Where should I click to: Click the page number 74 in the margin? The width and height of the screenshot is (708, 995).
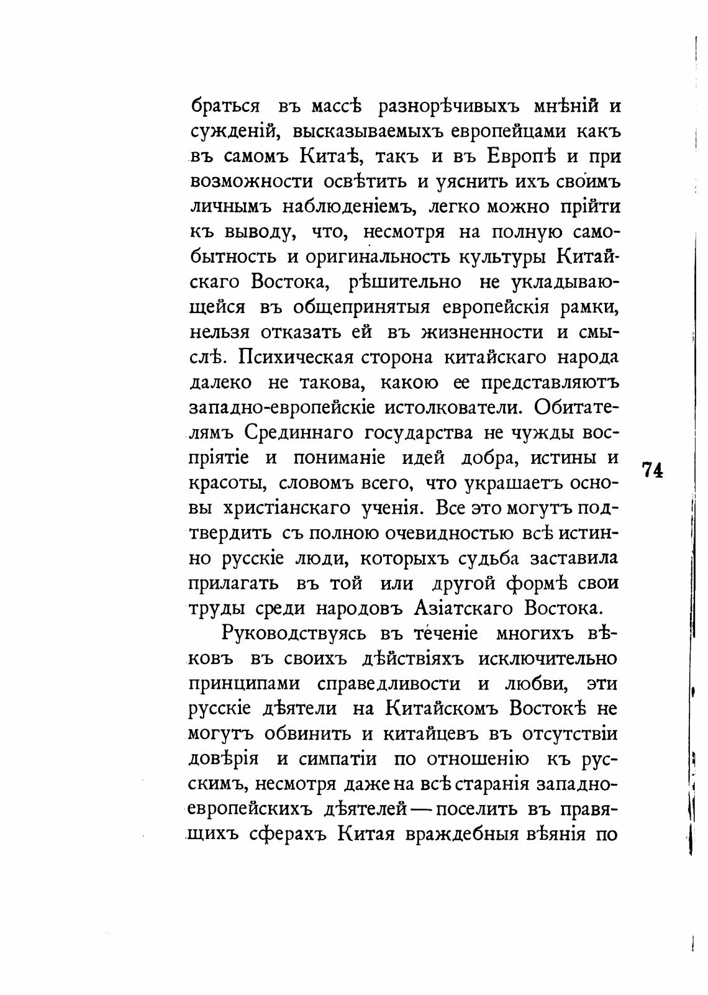pos(653,470)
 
